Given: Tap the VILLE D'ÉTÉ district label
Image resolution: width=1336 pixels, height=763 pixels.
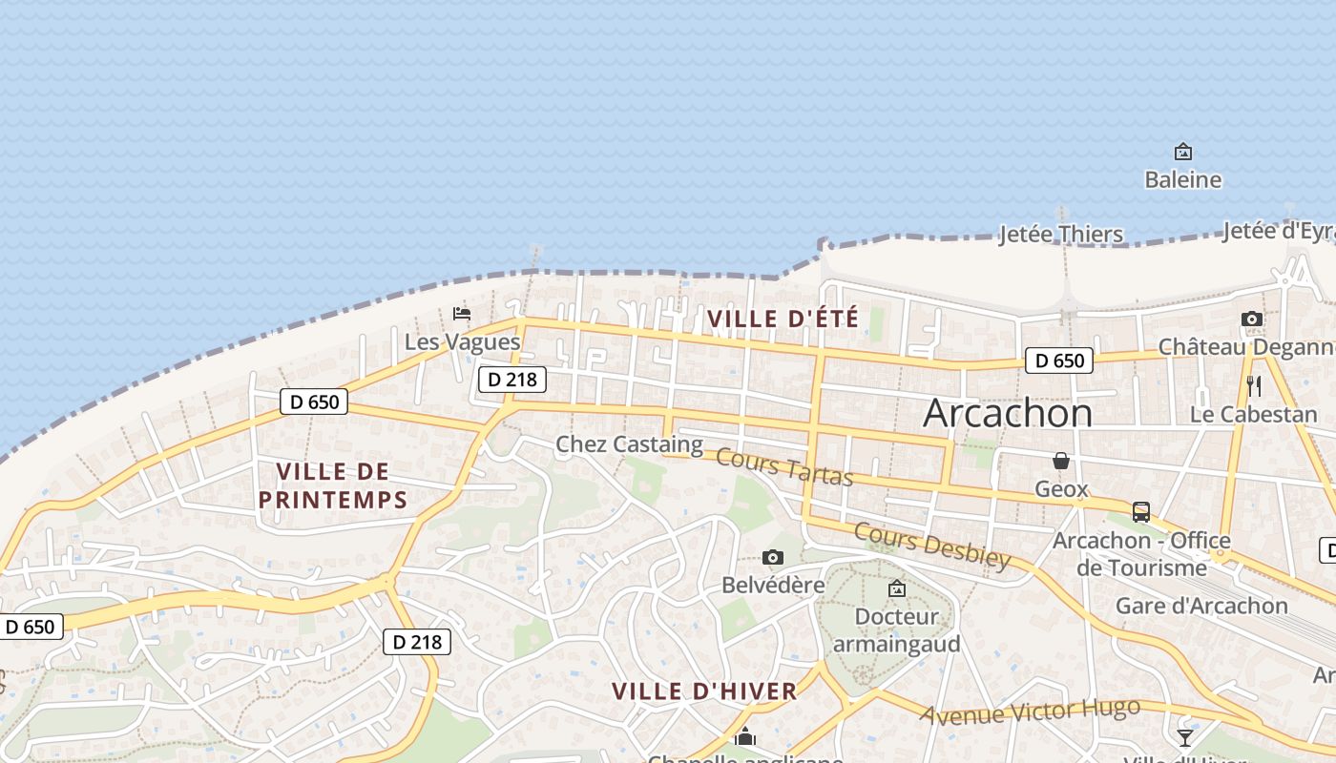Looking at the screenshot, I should (783, 319).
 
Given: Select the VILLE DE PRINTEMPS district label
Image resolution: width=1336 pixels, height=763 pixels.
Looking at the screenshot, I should (332, 485).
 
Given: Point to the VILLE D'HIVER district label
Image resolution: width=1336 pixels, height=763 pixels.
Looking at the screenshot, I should (703, 691).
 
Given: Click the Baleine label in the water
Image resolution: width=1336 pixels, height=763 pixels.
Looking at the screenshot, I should (1182, 179).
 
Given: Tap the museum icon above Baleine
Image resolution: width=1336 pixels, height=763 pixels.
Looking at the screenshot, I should (1183, 152).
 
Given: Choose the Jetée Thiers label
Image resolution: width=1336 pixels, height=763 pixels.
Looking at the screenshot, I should (1060, 235).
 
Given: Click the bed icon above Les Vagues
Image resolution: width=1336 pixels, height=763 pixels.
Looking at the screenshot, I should (462, 313).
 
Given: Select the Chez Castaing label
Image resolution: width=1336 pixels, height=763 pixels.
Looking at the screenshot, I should (629, 444).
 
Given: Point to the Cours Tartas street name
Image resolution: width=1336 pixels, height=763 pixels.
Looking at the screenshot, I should (783, 466).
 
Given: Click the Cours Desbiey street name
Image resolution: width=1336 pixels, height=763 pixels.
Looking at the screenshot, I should (931, 546).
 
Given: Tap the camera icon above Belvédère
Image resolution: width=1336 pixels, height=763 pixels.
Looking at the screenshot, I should (773, 557).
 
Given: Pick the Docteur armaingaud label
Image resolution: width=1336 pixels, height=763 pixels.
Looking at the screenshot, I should (896, 630).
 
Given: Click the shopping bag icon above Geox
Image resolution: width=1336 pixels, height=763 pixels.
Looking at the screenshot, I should (1061, 462).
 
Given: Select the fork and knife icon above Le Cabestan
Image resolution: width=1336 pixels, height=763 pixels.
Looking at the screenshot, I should (1254, 386).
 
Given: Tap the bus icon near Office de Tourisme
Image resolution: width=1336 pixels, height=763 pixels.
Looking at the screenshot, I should (1140, 512).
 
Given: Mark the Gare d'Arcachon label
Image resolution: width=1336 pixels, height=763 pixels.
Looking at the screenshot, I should (1201, 606).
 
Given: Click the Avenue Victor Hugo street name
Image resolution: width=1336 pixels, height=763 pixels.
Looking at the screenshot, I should (1030, 711).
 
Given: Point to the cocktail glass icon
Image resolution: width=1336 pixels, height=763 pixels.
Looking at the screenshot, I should (1184, 737).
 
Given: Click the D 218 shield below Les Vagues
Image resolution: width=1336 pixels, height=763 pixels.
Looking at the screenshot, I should (511, 379).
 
